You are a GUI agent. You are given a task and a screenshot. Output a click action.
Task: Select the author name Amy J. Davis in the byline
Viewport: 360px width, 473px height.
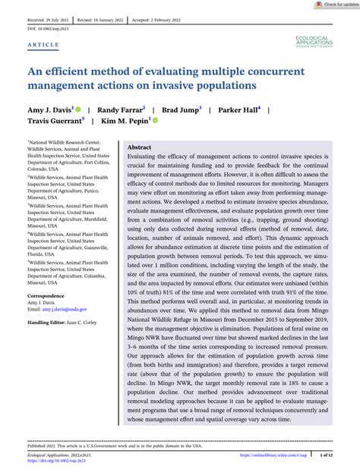pos(48,110)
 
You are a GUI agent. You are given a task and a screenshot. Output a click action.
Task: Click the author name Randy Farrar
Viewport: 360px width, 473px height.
pos(120,110)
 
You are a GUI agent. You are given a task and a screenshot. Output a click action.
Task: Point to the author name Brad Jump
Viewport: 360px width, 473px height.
pos(182,110)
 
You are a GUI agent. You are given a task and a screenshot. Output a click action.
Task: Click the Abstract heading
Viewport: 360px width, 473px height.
pos(139,147)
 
